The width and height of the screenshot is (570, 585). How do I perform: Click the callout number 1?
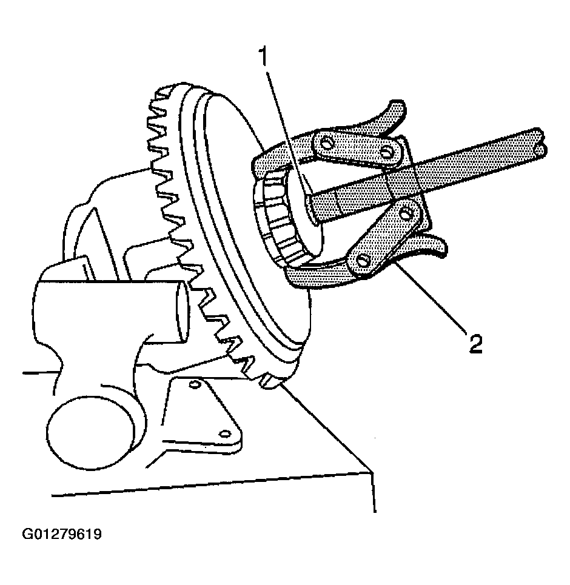264,56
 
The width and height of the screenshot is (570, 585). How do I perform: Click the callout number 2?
475,344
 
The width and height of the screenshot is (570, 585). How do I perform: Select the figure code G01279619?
62,534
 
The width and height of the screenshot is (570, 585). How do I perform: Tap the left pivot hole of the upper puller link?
327,142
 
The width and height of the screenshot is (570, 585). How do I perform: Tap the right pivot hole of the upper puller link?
386,152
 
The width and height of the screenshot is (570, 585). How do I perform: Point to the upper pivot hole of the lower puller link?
404,214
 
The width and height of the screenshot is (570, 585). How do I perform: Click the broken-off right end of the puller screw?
541,144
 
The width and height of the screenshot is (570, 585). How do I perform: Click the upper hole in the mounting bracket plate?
193,384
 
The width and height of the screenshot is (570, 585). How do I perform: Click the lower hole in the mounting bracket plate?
225,434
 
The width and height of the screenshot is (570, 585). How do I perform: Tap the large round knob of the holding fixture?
91,432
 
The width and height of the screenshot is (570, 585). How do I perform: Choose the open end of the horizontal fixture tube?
182,311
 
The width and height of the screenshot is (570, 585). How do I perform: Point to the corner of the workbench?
372,473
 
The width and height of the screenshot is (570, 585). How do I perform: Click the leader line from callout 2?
430,296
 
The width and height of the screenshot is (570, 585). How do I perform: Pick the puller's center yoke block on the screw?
405,179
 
